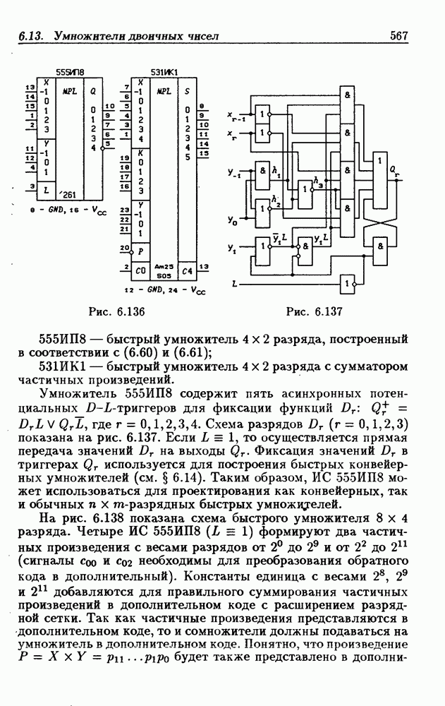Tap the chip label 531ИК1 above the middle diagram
pos(165,72)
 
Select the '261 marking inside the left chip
pos(69,193)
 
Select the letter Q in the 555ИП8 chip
pos(93,91)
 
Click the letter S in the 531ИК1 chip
pos(186,91)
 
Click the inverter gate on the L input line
pos(346,283)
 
